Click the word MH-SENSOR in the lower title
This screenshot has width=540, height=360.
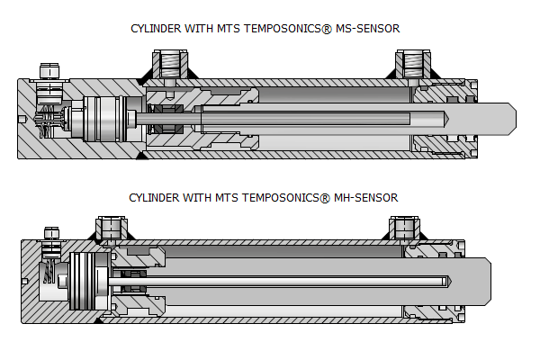(366, 196)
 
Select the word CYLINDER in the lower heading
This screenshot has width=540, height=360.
(154, 196)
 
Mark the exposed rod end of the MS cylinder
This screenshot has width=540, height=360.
(490, 117)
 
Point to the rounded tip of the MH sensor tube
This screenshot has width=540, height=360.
(446, 280)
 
